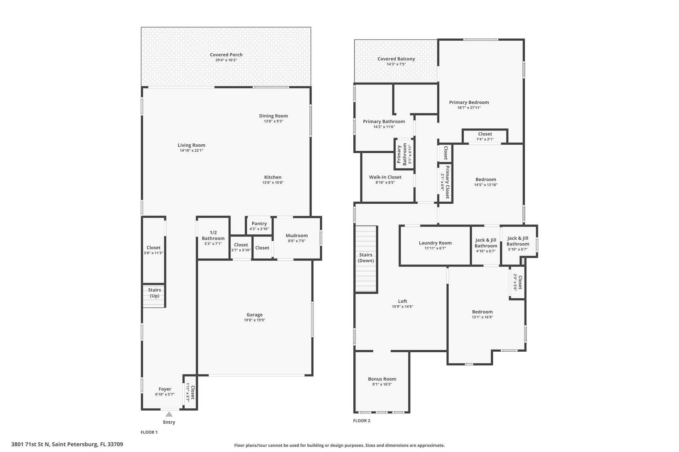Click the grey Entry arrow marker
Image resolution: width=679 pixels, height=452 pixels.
[x=169, y=414]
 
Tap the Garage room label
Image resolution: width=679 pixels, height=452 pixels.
[x=255, y=315]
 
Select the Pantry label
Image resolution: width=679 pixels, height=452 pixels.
[x=259, y=224]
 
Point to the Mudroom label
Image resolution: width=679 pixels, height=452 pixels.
[x=297, y=235]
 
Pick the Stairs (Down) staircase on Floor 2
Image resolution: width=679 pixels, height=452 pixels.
[x=366, y=259]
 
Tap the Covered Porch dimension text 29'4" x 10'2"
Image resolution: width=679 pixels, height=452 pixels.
[x=226, y=60]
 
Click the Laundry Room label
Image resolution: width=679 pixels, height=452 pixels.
[x=435, y=243]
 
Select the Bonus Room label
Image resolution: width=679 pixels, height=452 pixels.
[x=382, y=379]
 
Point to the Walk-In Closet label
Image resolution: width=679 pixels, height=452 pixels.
[x=385, y=177]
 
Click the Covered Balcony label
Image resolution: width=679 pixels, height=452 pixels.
[x=396, y=59]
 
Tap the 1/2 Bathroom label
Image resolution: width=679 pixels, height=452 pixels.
[x=213, y=235]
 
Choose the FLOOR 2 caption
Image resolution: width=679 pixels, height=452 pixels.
[x=362, y=421]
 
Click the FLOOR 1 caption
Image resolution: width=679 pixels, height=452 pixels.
[x=149, y=432]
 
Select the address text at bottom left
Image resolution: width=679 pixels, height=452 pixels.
[x=67, y=444]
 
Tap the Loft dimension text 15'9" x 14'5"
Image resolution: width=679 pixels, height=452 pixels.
[x=402, y=307]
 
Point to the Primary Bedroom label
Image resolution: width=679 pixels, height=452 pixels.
[x=469, y=102]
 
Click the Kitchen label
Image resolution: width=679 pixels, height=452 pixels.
[x=273, y=177]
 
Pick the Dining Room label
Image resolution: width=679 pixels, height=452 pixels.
[x=274, y=116]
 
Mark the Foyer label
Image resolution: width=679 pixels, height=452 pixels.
[x=165, y=389]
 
